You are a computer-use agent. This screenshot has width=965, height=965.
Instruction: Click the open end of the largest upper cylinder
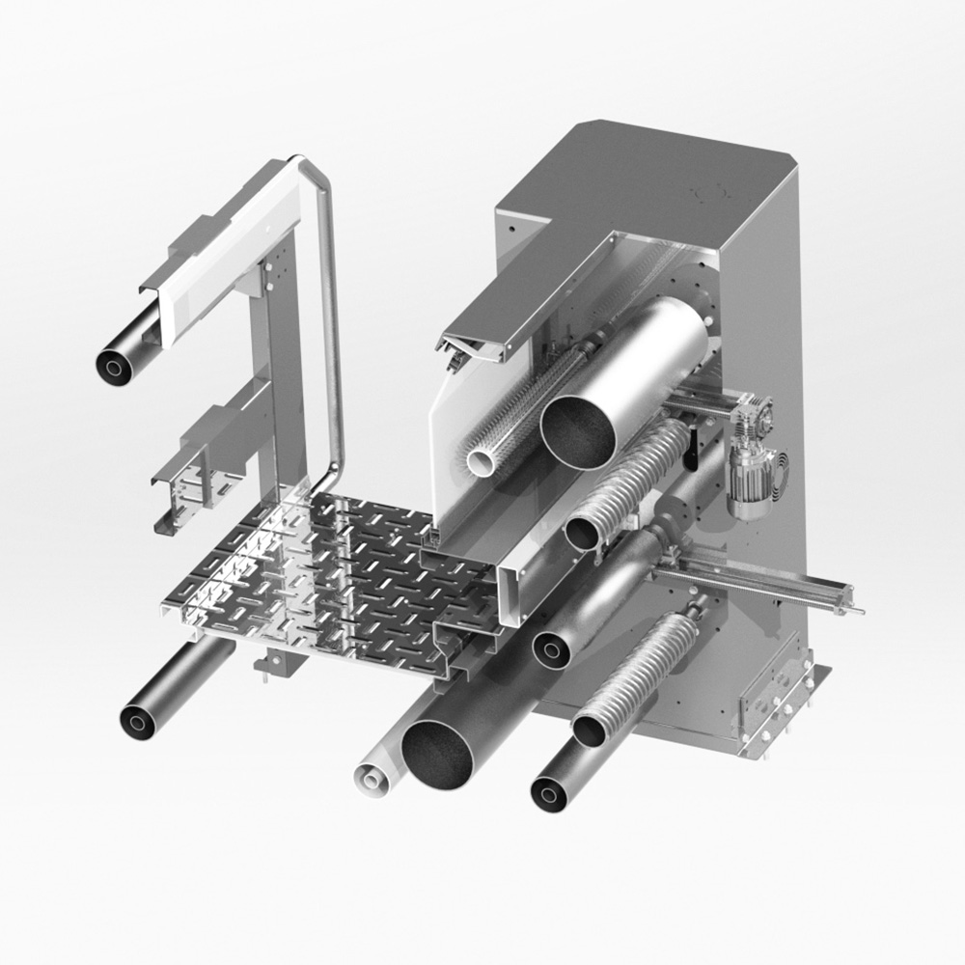(578, 428)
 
